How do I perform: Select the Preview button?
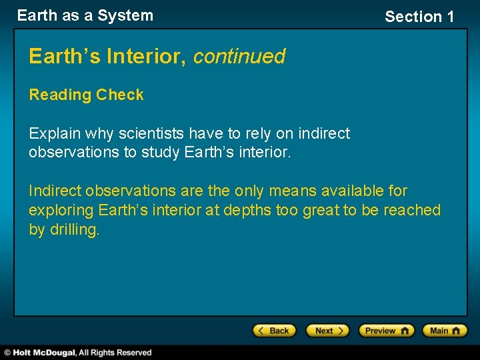(x=386, y=331)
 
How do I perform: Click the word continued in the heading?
(x=239, y=57)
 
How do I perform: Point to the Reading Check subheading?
(x=86, y=95)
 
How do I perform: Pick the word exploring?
(x=61, y=211)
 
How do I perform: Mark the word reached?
(x=412, y=211)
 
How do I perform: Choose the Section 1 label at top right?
(x=419, y=17)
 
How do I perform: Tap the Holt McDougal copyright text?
(x=77, y=352)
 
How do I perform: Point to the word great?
(x=321, y=211)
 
